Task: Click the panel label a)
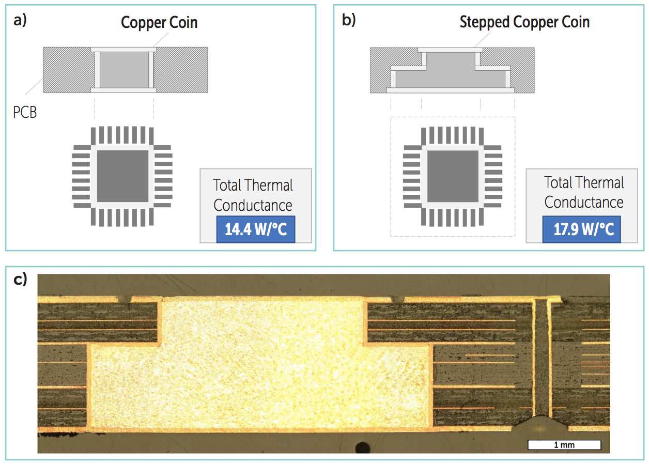click(20, 20)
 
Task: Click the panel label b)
click(349, 20)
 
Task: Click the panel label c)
click(20, 280)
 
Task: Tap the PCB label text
click(25, 112)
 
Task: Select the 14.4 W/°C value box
click(256, 229)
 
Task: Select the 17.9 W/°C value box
click(582, 229)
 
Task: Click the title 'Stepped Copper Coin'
click(524, 22)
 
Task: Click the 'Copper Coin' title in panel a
click(159, 22)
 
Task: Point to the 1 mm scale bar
click(564, 444)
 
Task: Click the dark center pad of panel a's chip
click(122, 176)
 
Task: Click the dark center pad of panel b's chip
click(453, 176)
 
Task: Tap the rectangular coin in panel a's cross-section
click(124, 70)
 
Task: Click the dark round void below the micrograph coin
click(362, 448)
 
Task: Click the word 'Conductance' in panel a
click(253, 205)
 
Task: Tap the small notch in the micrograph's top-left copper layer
click(125, 299)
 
